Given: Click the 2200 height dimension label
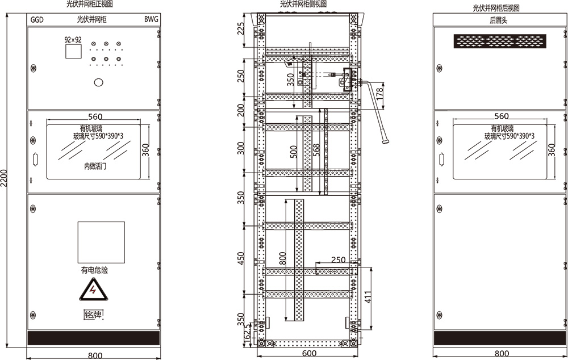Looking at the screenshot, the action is tap(3, 178).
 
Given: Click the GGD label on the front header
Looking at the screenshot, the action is tap(37, 19).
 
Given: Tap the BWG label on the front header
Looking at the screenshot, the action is tap(151, 19).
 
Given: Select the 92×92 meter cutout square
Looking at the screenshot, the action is tap(73, 51).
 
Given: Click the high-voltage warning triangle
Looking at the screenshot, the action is tap(94, 290).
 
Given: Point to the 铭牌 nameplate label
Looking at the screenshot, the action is tap(93, 315).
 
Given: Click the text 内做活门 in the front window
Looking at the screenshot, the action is tap(95, 166).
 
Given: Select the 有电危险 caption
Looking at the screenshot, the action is tap(94, 270).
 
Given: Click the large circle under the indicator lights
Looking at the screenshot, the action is tap(98, 82).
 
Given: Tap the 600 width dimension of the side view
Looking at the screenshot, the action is tap(309, 353).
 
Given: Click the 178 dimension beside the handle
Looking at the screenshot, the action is tap(379, 94).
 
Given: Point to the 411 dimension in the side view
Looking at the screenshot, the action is tap(368, 297).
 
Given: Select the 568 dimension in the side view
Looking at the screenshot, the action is tap(316, 150).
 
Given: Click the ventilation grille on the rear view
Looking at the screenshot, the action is tap(500, 41).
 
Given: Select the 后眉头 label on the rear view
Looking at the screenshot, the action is tap(499, 20).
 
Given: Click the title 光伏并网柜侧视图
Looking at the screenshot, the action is tap(303, 4).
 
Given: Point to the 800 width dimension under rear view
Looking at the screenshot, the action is tap(502, 354).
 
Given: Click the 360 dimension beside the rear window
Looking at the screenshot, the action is tap(552, 150).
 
